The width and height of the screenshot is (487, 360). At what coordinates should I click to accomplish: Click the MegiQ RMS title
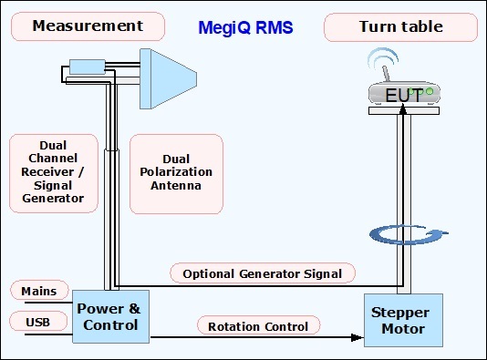pyautogui.click(x=245, y=27)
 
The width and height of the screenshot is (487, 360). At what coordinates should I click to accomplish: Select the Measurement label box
pyautogui.click(x=88, y=26)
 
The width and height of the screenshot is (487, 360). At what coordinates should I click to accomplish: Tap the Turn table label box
pyautogui.click(x=400, y=27)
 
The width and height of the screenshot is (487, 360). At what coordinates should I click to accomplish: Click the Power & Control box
pyautogui.click(x=110, y=316)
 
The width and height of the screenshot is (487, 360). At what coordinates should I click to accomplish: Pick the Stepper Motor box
pyautogui.click(x=403, y=320)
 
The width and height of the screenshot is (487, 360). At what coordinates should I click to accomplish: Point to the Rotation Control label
pyautogui.click(x=258, y=326)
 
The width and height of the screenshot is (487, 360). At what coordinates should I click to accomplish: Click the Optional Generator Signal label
pyautogui.click(x=263, y=273)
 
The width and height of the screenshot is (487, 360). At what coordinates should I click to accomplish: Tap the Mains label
pyautogui.click(x=39, y=291)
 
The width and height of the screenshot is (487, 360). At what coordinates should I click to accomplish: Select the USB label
pyautogui.click(x=38, y=322)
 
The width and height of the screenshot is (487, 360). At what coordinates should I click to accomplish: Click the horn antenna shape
pyautogui.click(x=168, y=78)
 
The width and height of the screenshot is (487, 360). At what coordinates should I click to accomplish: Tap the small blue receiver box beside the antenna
pyautogui.click(x=87, y=67)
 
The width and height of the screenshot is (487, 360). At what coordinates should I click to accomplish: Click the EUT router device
pyautogui.click(x=404, y=93)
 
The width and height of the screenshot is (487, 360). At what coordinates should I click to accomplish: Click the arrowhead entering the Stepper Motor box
pyautogui.click(x=357, y=337)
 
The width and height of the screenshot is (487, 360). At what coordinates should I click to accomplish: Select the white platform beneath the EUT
pyautogui.click(x=404, y=110)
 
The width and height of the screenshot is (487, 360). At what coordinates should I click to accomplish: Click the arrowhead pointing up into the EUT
pyautogui.click(x=403, y=109)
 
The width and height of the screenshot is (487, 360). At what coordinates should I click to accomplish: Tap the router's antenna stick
pyautogui.click(x=386, y=74)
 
